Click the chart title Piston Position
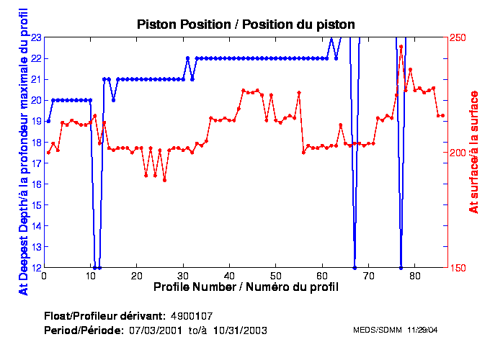point(246,24)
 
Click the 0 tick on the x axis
point(45,275)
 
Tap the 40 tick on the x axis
point(229,275)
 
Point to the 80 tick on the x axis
point(414,275)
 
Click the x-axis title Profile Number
point(246,287)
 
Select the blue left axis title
point(23,152)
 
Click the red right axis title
point(474,152)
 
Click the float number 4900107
point(192,316)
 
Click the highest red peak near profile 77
point(401,46)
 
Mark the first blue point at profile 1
point(48,121)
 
